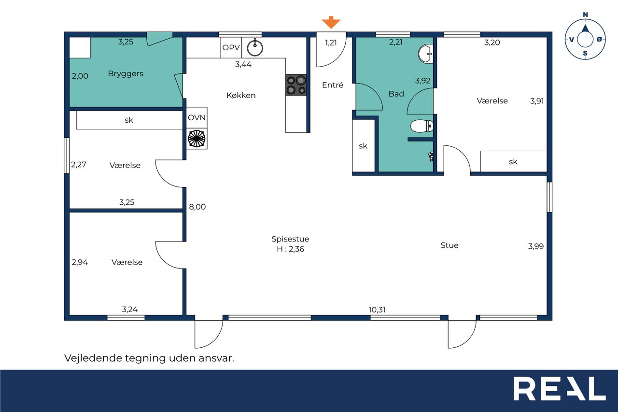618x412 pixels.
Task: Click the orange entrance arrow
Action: click(x=331, y=22)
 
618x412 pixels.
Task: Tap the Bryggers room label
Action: click(x=126, y=74)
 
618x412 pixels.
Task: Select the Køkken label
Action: click(x=241, y=95)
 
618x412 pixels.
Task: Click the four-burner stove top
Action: click(x=296, y=85)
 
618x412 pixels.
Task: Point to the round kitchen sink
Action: click(x=255, y=48)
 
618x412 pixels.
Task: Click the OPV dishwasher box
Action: click(x=231, y=47)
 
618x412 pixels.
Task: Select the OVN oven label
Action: click(x=197, y=117)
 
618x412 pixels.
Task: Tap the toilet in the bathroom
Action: click(x=422, y=126)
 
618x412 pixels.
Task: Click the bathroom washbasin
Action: click(x=426, y=54)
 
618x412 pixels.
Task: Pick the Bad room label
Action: click(x=396, y=94)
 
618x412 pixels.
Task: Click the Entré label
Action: click(x=333, y=85)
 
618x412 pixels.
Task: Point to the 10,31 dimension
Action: click(x=377, y=310)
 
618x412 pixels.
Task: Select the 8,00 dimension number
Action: click(x=197, y=207)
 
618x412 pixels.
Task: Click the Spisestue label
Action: click(x=290, y=239)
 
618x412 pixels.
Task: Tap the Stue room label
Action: click(x=449, y=245)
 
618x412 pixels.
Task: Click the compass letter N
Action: click(x=585, y=14)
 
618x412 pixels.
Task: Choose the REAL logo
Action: click(x=560, y=388)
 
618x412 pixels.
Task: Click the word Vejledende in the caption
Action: click(x=93, y=358)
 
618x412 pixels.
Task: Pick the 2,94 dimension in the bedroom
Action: click(x=80, y=262)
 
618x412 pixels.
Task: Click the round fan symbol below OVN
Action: click(x=197, y=139)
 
